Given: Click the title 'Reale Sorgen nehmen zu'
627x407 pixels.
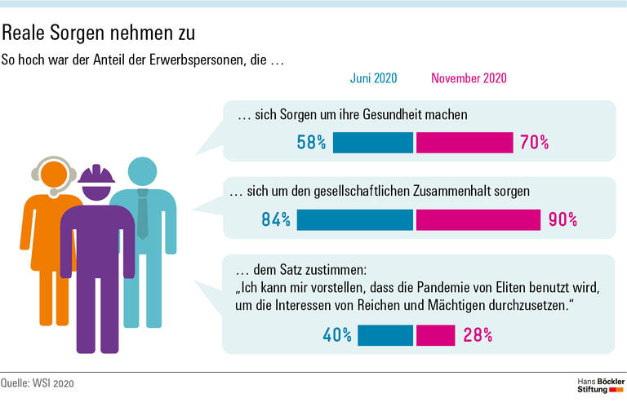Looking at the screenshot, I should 98,34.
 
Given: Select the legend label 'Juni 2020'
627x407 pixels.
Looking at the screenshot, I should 373,78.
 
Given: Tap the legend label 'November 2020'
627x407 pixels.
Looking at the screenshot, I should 469,78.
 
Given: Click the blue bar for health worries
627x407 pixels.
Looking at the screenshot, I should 373,143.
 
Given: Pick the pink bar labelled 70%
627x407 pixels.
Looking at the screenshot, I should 464,143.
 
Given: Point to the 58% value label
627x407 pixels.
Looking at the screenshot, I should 311,143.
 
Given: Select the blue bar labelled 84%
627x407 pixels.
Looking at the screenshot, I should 355,219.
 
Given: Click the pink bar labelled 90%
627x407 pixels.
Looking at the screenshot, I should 478,219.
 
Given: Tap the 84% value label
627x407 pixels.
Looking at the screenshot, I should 275,219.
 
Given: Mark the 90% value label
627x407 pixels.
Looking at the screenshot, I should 562,219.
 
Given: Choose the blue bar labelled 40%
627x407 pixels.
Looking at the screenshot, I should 385,335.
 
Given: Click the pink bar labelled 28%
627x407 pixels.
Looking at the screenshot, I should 435,335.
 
